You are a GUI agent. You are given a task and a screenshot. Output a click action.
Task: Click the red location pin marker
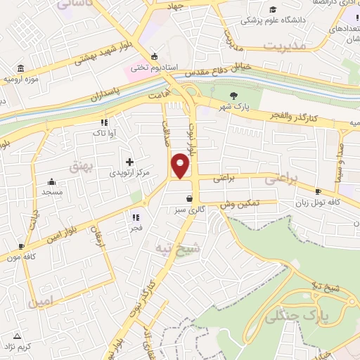point(181,166)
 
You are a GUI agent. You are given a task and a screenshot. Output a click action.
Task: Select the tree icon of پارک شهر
point(234,96)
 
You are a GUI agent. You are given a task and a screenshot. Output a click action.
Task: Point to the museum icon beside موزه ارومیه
point(19,69)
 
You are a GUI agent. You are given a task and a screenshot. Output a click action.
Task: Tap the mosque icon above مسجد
point(51,181)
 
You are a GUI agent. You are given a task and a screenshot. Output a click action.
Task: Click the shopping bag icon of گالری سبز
point(188,199)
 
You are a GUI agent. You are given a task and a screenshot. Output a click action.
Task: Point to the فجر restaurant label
point(135,227)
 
